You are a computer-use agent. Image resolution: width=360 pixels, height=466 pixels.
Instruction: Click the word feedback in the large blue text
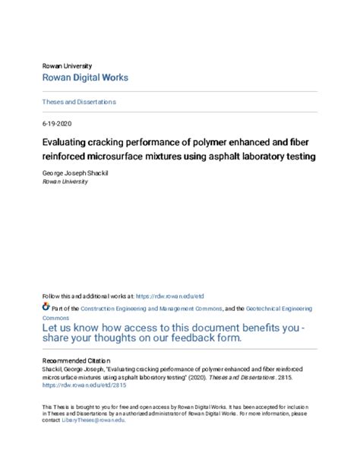click(201, 339)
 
